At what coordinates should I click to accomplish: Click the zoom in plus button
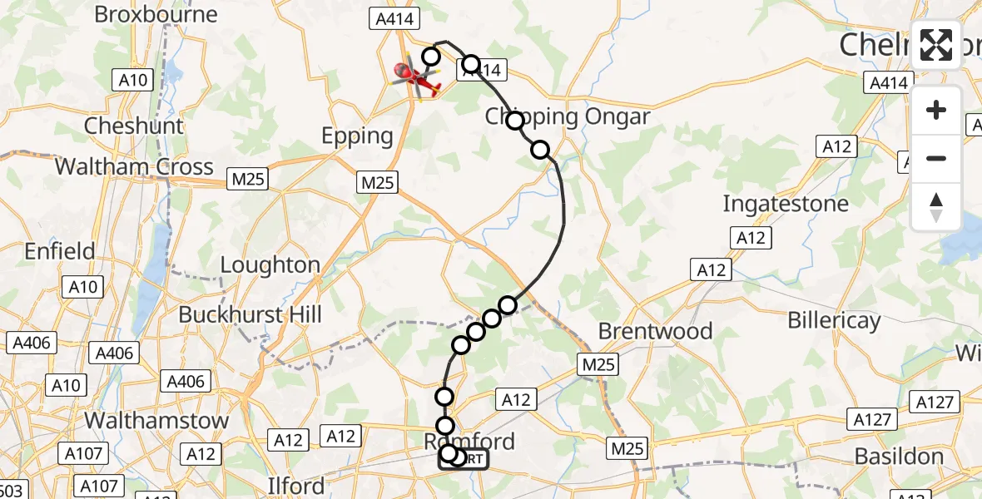click(x=936, y=110)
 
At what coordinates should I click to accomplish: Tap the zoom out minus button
click(x=936, y=158)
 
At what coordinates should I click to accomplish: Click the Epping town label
click(x=358, y=136)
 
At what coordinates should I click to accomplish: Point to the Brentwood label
click(x=656, y=331)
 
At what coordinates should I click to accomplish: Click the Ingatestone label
click(x=786, y=204)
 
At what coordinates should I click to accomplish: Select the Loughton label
click(x=270, y=265)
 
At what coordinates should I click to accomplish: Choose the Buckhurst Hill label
click(x=250, y=315)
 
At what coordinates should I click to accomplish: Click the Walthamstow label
click(x=157, y=420)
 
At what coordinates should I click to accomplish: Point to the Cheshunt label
click(x=133, y=126)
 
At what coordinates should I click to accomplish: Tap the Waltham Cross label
click(x=134, y=167)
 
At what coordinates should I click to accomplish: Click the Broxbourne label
click(x=156, y=14)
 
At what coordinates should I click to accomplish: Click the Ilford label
click(x=296, y=485)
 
